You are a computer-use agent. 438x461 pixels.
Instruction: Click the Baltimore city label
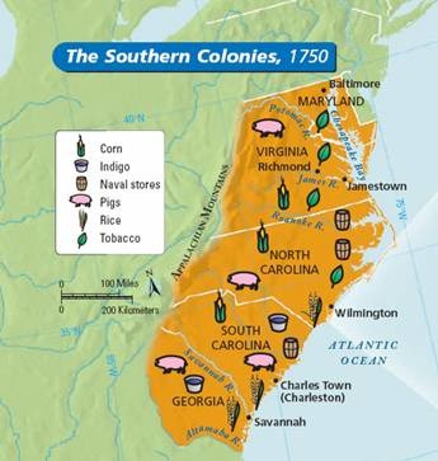[x=355, y=84]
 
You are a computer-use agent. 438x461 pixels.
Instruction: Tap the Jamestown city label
[x=377, y=186]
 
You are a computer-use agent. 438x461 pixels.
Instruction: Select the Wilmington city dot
[x=331, y=306]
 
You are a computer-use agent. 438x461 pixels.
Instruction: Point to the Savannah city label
[x=280, y=422]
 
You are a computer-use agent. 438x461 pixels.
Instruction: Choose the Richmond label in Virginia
[x=284, y=167]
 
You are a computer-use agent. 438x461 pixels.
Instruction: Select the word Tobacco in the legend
[x=120, y=238]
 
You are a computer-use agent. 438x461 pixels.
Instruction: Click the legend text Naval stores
[x=129, y=184]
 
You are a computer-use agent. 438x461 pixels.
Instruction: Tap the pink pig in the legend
[x=81, y=202]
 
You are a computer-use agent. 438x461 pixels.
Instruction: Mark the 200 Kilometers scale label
[x=130, y=310]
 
